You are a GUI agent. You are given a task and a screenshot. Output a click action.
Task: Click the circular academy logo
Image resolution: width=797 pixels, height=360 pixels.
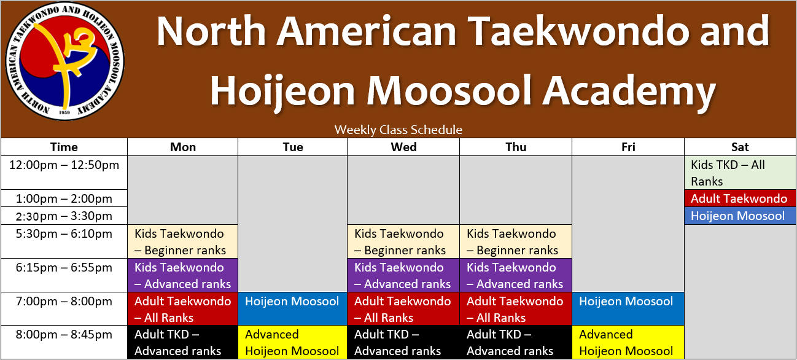(x=64, y=61)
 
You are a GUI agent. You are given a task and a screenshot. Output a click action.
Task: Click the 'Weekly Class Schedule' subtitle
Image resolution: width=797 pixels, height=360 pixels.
(x=398, y=130)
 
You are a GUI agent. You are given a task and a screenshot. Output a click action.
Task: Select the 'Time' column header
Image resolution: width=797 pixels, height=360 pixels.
(x=64, y=147)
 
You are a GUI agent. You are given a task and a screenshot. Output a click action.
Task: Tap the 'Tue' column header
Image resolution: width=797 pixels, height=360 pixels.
(x=293, y=147)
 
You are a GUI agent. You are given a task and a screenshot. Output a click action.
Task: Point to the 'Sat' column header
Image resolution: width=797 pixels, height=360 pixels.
(x=740, y=147)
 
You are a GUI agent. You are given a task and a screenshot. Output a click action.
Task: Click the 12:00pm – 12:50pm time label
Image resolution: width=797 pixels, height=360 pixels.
(x=64, y=165)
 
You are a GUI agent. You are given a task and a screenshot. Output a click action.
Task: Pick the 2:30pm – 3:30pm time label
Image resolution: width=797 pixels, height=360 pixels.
(x=64, y=216)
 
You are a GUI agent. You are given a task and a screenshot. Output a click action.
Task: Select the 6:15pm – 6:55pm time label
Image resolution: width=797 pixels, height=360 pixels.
(x=64, y=268)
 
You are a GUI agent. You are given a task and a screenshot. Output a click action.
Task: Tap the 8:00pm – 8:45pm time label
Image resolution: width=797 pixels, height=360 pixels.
(x=64, y=335)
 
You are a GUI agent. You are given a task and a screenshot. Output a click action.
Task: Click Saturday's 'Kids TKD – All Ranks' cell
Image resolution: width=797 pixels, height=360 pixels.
(x=740, y=173)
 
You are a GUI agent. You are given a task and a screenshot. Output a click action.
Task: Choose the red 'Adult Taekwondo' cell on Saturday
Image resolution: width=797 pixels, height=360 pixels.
(x=740, y=198)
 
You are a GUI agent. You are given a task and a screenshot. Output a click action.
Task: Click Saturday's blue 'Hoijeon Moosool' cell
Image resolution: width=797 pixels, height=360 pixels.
(x=740, y=216)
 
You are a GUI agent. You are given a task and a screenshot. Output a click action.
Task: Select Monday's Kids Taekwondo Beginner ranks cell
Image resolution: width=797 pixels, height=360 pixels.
(x=182, y=241)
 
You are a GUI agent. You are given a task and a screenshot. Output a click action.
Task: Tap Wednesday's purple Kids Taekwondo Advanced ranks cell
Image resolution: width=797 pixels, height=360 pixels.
(x=403, y=275)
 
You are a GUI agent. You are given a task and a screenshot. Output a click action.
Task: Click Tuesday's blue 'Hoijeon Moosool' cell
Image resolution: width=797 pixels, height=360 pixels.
(x=292, y=309)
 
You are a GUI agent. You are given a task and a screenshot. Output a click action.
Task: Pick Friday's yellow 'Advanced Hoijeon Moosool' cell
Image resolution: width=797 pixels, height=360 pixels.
(x=628, y=342)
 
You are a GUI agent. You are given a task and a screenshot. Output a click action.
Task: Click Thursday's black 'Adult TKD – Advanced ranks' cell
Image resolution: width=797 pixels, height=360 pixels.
(x=516, y=342)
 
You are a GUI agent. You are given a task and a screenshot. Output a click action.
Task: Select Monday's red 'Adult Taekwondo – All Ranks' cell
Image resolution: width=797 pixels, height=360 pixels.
(x=182, y=309)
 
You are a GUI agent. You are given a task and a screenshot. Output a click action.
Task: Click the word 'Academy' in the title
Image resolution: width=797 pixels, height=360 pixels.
(x=629, y=92)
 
